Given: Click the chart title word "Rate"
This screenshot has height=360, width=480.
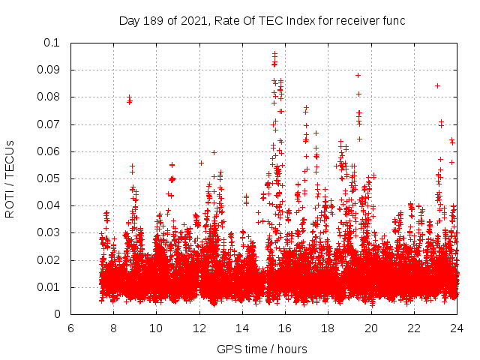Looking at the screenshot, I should pyautogui.click(x=227, y=21).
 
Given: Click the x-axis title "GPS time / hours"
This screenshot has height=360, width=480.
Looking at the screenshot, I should pyautogui.click(x=262, y=349).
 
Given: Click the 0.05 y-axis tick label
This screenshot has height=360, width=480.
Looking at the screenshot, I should pyautogui.click(x=49, y=178).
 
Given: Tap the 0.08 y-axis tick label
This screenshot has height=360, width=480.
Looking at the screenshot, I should pyautogui.click(x=49, y=97).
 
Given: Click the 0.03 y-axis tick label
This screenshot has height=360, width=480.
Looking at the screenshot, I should pyautogui.click(x=49, y=232).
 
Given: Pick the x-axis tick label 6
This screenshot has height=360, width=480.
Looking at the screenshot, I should pyautogui.click(x=70, y=328).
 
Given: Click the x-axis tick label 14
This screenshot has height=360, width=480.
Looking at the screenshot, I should pyautogui.click(x=242, y=328).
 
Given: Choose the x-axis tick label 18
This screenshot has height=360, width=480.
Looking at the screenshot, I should pyautogui.click(x=328, y=328).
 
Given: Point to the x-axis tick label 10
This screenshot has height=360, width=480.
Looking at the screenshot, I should pyautogui.click(x=156, y=328).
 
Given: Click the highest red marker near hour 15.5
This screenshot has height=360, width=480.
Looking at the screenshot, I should pyautogui.click(x=274, y=53).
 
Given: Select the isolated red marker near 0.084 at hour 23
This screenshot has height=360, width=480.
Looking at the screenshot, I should pyautogui.click(x=437, y=85).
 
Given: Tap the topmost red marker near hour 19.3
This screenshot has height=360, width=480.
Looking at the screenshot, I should pyautogui.click(x=358, y=75).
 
